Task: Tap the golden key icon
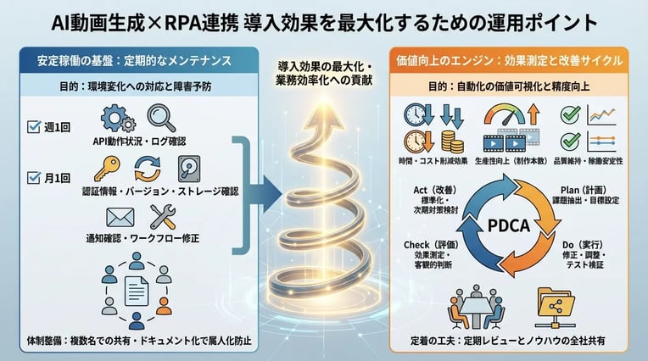click(x=109, y=169)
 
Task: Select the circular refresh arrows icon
click(x=148, y=169)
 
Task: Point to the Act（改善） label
click(x=438, y=192)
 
